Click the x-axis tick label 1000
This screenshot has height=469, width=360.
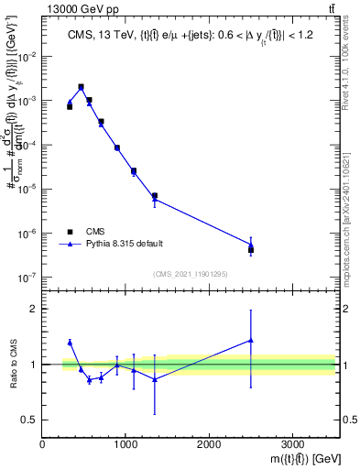click(125, 444)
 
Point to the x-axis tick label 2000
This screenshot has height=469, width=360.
click(209, 444)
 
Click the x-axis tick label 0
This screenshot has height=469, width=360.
click(43, 444)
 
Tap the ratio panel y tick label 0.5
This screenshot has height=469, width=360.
click(29, 420)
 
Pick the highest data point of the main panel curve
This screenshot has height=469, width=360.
click(82, 87)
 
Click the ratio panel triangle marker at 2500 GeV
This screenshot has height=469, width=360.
click(251, 340)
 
